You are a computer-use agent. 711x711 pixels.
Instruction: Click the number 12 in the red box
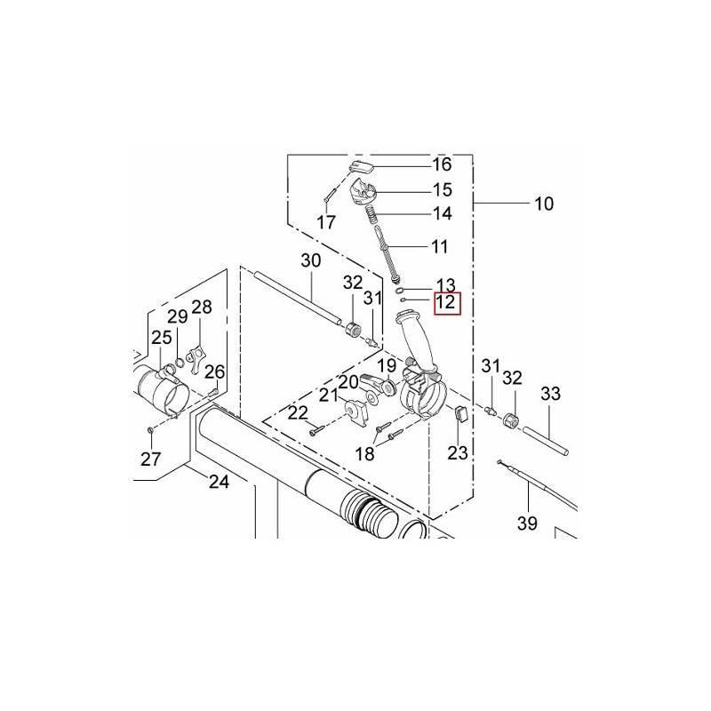coord(446,303)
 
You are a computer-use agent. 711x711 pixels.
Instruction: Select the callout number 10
coord(543,204)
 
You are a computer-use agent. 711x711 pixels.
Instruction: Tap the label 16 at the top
coord(442,164)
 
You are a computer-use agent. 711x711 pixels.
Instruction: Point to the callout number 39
coord(527,523)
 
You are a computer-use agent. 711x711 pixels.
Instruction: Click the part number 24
coord(219,482)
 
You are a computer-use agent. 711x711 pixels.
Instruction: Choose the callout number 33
coord(550,393)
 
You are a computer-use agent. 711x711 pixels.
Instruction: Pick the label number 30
coord(310,261)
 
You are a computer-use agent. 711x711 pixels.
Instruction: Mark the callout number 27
coord(150,459)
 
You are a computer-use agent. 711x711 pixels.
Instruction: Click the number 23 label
coord(457,452)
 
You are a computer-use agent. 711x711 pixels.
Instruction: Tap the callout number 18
coord(365,453)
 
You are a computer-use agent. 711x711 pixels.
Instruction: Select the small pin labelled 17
coord(329,193)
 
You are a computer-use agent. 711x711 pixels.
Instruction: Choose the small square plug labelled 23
coord(460,413)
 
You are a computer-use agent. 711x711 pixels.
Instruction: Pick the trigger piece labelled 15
coord(363,189)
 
